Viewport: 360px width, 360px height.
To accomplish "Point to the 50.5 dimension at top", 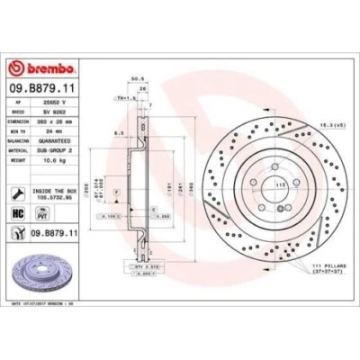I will coord(139,78).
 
